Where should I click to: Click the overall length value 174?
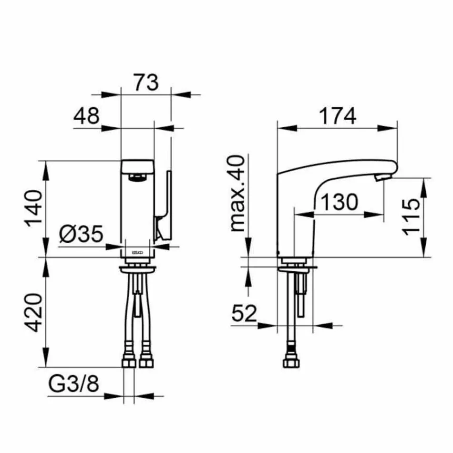pos(338,116)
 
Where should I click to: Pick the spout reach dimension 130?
pos(339,203)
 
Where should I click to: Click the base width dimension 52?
pos(245,313)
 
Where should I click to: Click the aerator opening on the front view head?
pos(137,178)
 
